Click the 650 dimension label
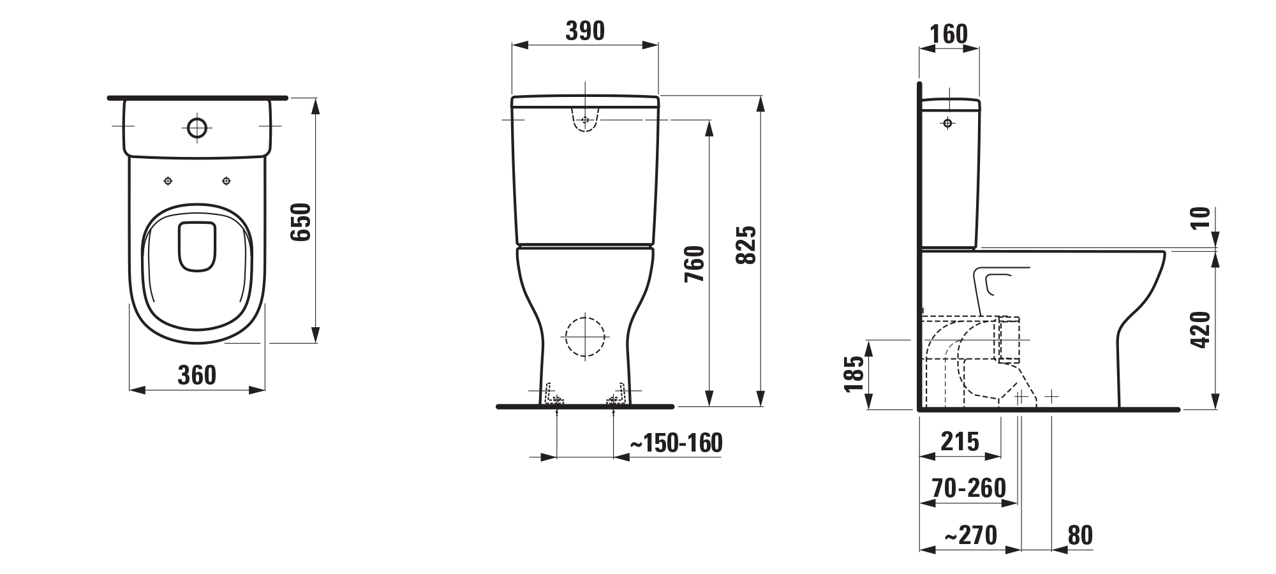(300, 222)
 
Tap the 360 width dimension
(197, 375)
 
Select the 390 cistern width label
(585, 31)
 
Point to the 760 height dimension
(695, 264)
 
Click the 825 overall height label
(746, 244)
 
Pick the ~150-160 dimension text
(676, 443)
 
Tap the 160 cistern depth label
(949, 34)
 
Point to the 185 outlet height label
(854, 373)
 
